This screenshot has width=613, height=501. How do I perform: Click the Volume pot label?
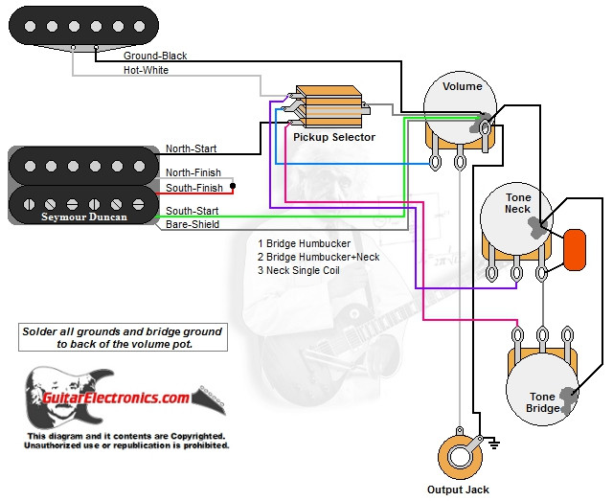pos(462,86)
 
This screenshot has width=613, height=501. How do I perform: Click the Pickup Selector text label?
pos(333,138)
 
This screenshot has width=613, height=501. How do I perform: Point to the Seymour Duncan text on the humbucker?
pos(82,216)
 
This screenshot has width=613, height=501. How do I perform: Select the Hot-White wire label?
pos(147,71)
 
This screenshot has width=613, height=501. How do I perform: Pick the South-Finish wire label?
pos(194,188)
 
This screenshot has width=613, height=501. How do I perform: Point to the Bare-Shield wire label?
pos(192,224)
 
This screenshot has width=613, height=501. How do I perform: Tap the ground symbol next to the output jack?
pos(493,443)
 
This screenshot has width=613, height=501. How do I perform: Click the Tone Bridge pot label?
pos(543,402)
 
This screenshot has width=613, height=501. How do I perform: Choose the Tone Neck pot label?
pos(518,203)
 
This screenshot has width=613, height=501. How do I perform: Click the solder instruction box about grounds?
pos(122,337)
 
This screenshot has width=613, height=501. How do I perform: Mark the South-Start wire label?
pos(192,211)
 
